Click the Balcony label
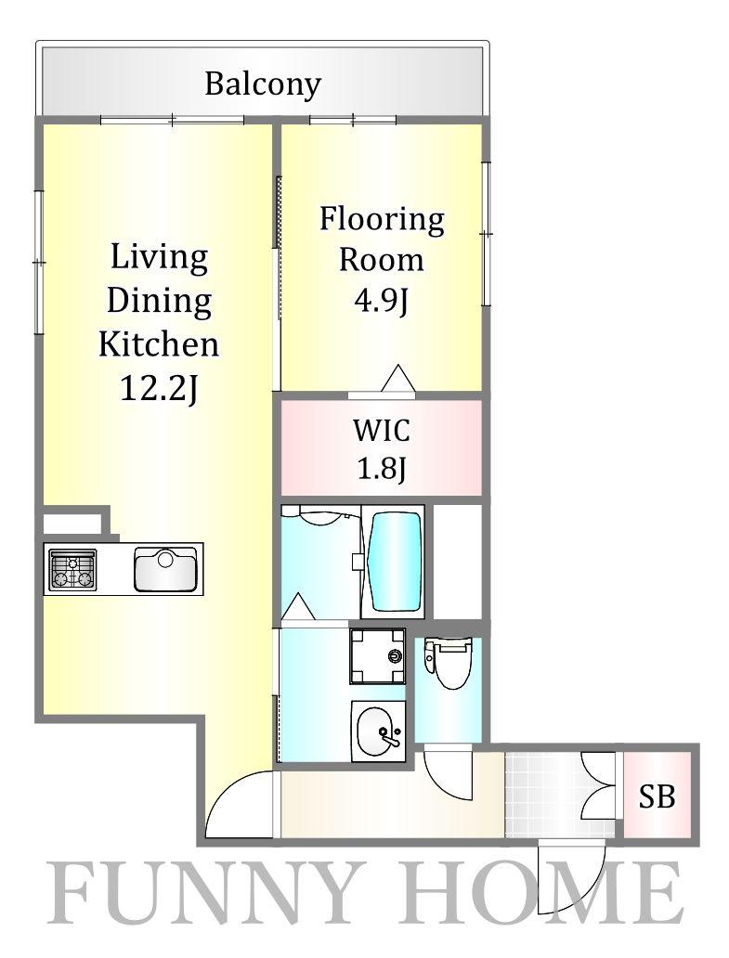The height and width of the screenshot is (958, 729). click(263, 84)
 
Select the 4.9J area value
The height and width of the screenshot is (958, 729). click(382, 301)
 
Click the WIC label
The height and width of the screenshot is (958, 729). click(382, 431)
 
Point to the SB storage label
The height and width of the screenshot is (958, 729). click(657, 796)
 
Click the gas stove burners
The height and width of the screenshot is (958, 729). click(72, 569)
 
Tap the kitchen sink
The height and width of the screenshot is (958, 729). click(165, 569)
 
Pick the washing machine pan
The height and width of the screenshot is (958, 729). click(378, 656)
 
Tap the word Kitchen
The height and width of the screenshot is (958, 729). click(159, 344)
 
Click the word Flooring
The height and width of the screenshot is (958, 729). click(382, 220)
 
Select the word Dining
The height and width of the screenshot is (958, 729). click(159, 301)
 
